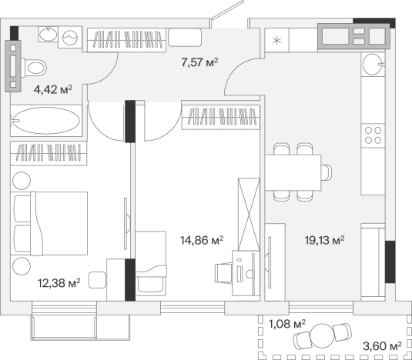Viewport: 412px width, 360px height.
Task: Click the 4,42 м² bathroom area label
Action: pos(53,89)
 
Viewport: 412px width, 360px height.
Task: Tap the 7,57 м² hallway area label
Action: pos(199,62)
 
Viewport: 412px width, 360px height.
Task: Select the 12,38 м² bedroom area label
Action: pos(59,283)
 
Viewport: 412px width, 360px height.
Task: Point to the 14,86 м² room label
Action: pos(202,240)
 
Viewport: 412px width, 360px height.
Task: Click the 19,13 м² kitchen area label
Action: pos(325,240)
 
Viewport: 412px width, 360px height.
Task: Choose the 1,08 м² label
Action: pos(287,324)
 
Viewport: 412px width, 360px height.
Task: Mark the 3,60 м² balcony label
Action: pos(382,346)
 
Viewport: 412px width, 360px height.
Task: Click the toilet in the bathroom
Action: pos(34,68)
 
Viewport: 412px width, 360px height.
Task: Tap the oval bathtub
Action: pos(46,121)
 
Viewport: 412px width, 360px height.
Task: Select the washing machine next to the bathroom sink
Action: pos(70,37)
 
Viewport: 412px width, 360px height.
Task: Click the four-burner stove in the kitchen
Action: pos(373,135)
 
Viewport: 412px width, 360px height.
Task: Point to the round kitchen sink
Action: pos(373,64)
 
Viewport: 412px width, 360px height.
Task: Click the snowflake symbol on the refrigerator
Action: pos(276,41)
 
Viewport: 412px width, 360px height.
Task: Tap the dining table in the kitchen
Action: pos(293,172)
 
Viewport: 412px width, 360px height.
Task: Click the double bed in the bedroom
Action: pos(49,223)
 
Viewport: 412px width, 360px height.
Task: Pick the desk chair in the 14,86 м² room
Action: pos(223,273)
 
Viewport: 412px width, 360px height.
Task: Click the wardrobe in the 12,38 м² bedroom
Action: pos(49,154)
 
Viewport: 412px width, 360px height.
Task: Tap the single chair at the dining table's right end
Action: pos(326,172)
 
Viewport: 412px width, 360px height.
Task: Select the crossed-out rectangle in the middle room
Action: pos(249,215)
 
